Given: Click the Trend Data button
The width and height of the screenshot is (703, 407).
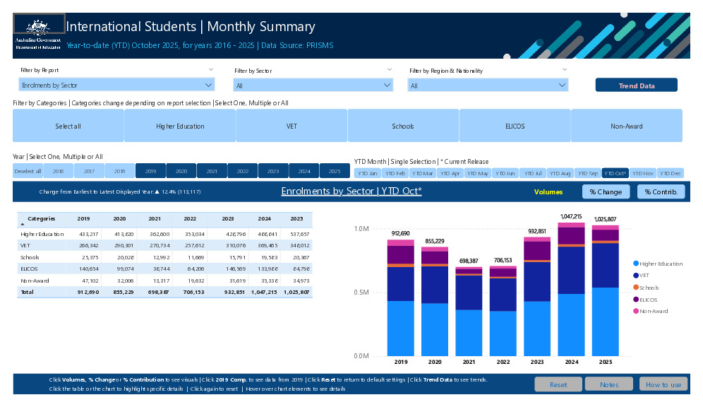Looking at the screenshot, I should click(636, 85).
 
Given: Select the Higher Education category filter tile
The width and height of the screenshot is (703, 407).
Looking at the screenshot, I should click(180, 126).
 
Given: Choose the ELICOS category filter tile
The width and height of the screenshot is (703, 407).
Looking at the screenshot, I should click(515, 126).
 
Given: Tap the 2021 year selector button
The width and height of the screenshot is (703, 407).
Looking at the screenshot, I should click(212, 171).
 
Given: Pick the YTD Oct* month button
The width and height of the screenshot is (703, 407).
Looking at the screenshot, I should click(615, 173).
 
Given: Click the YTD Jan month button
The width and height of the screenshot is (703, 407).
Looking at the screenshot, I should click(367, 173).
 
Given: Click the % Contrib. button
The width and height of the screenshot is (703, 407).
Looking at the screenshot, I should click(661, 191).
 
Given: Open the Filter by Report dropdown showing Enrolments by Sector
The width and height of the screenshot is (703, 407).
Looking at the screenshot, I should click(116, 85).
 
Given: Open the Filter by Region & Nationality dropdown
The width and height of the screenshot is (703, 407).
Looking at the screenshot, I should click(488, 85).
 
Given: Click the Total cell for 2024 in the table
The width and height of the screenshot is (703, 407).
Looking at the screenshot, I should click(265, 291).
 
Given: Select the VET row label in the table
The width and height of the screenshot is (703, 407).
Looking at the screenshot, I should click(25, 245).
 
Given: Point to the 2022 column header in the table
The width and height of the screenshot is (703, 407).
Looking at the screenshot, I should click(190, 219).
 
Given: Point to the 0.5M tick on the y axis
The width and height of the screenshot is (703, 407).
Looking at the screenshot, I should click(361, 293).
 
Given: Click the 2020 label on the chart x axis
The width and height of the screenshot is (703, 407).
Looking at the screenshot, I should click(435, 362).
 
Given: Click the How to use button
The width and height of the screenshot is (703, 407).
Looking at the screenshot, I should click(663, 384).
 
